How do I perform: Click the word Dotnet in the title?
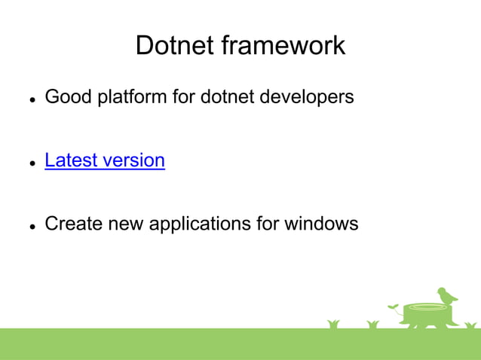click(174, 45)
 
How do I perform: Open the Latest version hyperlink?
click(105, 160)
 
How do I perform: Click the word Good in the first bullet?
click(66, 97)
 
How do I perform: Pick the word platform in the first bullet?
click(128, 97)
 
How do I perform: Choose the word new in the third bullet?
click(118, 224)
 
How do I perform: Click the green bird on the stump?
click(447, 294)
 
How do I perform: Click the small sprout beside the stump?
click(394, 307)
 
